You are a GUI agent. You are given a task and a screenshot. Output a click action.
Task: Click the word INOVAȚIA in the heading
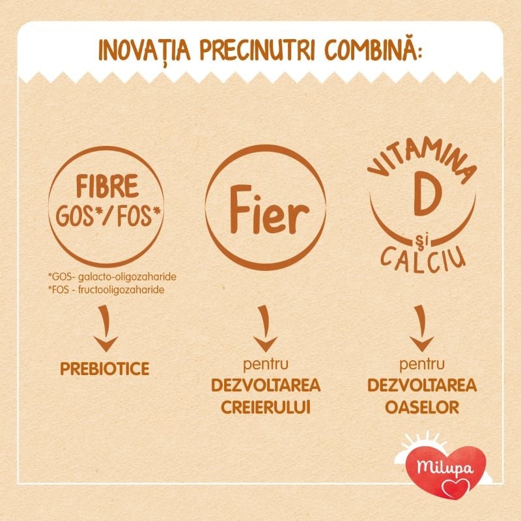[145, 51]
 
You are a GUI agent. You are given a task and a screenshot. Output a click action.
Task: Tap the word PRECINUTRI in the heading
[257, 51]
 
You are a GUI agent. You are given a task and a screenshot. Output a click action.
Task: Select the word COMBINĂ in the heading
[371, 50]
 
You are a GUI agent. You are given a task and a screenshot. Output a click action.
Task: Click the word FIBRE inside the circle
[107, 186]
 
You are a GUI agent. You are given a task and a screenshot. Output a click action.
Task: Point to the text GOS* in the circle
[77, 216]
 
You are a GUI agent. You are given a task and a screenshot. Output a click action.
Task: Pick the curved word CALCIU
[423, 259]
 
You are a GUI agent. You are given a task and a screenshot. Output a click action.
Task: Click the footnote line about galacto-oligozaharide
[112, 277]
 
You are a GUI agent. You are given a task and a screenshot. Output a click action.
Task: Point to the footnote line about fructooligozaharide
[106, 290]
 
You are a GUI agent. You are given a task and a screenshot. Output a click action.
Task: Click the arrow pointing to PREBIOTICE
[106, 328]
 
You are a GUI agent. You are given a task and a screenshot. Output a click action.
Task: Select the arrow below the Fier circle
[265, 328]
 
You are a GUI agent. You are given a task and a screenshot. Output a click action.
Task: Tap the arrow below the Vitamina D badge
[421, 328]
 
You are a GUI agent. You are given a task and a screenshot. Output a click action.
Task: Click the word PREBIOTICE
[105, 369]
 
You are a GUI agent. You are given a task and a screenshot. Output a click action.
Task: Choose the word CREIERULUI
[266, 408]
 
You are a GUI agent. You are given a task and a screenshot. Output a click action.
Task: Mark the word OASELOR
[422, 408]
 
